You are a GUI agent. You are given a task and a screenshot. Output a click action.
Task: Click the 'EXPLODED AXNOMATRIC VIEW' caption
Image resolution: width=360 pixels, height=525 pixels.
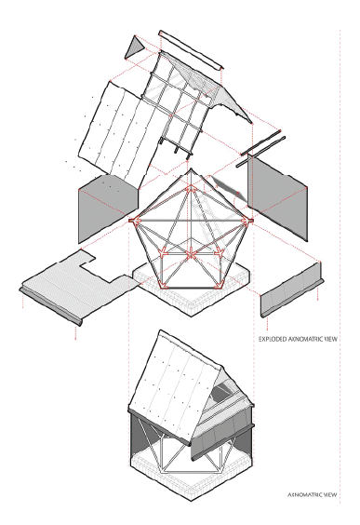point(298,339)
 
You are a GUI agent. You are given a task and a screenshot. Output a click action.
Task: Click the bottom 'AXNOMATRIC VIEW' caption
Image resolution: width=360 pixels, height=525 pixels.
point(313,494)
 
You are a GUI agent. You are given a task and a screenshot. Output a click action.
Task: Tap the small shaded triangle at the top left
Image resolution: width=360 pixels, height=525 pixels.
point(135,47)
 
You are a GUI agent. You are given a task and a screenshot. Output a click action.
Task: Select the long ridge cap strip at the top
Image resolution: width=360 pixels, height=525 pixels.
point(191,50)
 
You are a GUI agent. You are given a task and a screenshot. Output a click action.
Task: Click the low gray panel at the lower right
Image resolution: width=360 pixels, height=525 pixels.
point(292,289)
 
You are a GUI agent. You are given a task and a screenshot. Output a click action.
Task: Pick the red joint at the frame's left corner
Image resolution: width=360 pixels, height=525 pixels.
point(134,221)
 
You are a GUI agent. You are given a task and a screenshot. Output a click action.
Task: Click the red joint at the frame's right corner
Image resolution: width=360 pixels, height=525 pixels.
point(248,221)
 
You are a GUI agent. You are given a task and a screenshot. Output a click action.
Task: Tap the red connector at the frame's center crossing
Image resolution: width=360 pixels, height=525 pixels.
point(191,253)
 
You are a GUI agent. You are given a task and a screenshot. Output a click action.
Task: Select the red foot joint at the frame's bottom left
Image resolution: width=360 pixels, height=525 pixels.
point(164,285)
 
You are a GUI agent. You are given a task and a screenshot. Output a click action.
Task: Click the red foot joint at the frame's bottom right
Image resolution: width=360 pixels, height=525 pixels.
point(218,285)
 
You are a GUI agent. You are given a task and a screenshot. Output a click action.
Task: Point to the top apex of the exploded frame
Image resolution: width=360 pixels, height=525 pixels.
point(191,168)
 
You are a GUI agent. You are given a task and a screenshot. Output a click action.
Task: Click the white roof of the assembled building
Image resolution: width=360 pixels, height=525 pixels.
point(174,385)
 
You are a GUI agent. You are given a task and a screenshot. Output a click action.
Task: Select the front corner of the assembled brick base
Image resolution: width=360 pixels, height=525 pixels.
point(192,501)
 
